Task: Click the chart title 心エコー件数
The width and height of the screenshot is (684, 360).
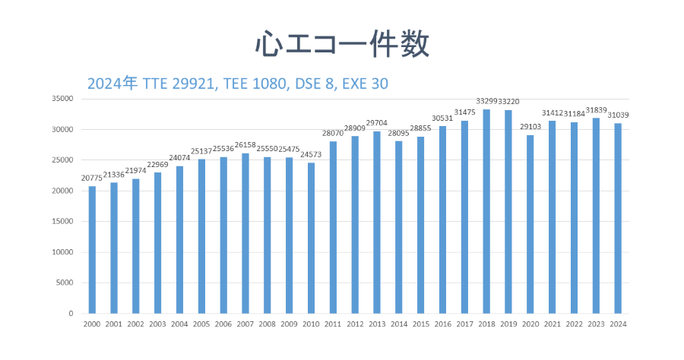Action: click(x=342, y=43)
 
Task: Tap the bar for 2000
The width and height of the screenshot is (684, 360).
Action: click(x=92, y=250)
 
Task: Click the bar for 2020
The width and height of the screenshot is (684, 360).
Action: click(x=530, y=224)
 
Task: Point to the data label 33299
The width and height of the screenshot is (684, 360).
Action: click(x=486, y=101)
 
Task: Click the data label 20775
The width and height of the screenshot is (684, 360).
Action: click(x=92, y=178)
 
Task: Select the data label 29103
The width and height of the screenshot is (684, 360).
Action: click(x=530, y=127)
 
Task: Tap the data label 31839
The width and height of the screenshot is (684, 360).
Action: click(x=597, y=110)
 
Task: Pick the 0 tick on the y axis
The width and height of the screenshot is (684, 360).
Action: click(x=70, y=314)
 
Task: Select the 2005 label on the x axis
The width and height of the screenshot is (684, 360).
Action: click(x=201, y=324)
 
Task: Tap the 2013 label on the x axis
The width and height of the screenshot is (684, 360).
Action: click(x=377, y=324)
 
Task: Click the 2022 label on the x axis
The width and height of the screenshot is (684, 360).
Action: click(x=575, y=324)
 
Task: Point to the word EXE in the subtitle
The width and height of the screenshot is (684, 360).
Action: click(x=355, y=83)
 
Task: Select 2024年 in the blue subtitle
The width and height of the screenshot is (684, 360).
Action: click(x=112, y=83)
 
